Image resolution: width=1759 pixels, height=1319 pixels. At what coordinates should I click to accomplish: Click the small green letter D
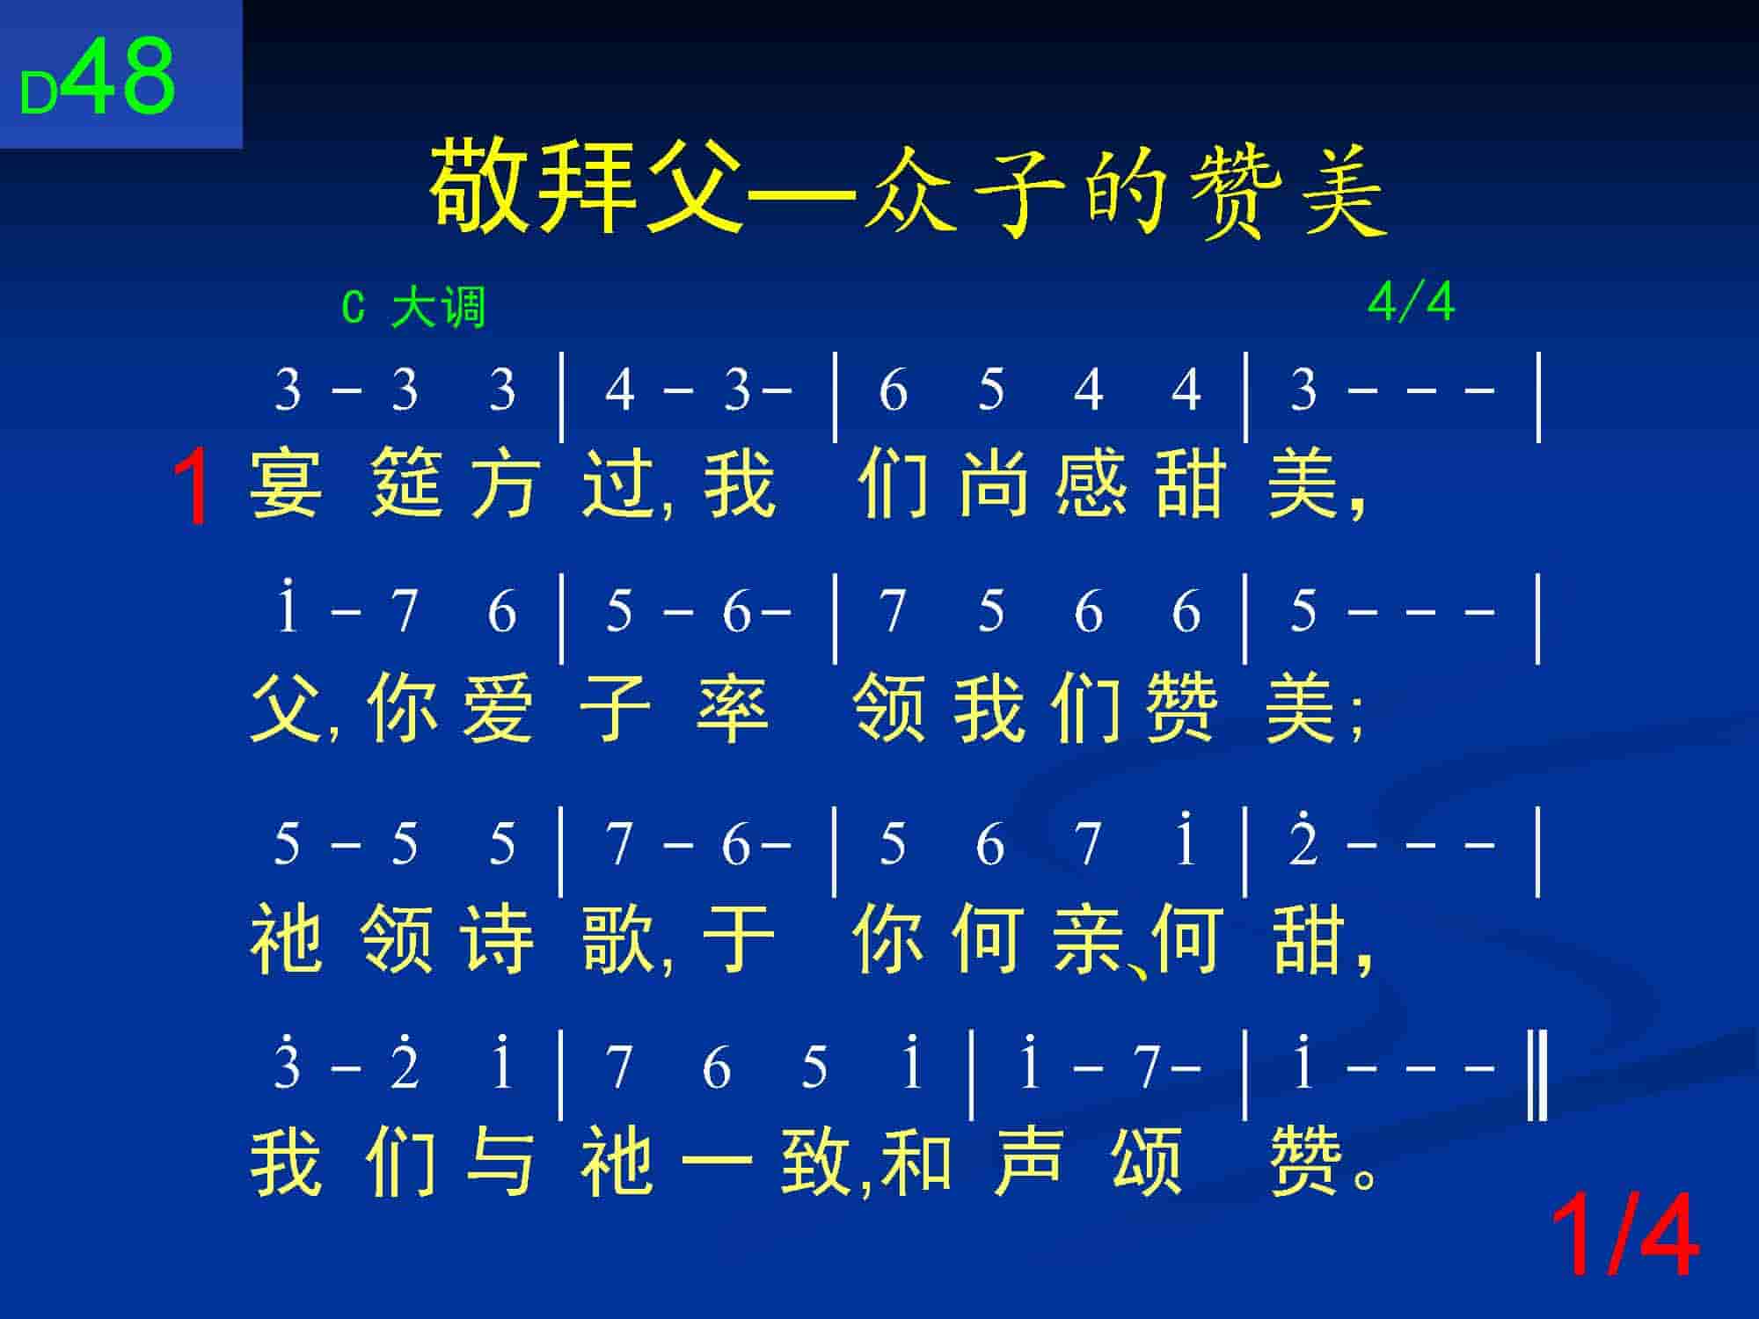pos(39,94)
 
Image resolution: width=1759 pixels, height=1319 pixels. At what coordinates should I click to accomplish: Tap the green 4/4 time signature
pos(1411,302)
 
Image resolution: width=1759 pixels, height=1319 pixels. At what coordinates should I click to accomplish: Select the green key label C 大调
pos(413,308)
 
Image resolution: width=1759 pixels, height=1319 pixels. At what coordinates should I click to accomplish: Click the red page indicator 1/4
pos(1623,1235)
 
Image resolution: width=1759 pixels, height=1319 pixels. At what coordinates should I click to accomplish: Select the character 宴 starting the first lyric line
pos(286,483)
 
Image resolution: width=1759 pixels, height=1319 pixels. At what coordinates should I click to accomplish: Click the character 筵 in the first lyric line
pos(405,483)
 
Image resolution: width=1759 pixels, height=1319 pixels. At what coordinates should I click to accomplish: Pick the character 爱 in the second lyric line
pos(499,709)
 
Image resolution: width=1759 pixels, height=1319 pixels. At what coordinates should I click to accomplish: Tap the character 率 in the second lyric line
pos(733,709)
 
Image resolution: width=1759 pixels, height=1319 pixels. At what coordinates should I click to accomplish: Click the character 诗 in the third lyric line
pos(499,939)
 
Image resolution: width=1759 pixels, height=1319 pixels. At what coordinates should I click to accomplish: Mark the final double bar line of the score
pos(1537,1076)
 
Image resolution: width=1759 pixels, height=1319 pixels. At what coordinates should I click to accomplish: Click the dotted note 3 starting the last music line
pos(288,1065)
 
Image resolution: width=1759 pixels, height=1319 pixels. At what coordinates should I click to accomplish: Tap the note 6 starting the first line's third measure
pos(893,390)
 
